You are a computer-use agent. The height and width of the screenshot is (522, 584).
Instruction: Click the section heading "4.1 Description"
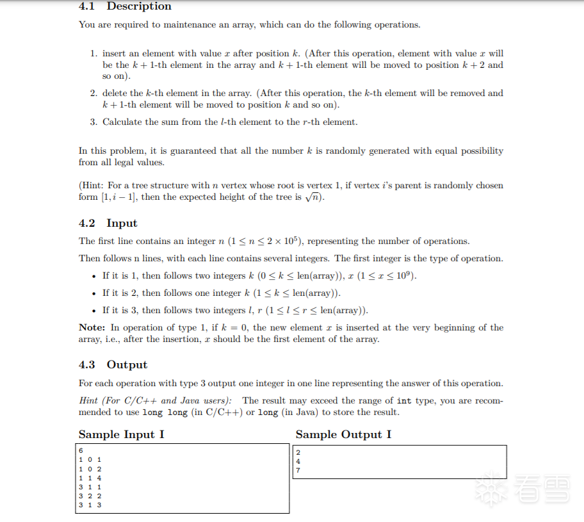(125, 6)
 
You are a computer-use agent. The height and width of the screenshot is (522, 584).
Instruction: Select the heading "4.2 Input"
(108, 223)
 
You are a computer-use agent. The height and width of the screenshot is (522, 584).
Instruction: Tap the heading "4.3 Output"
(113, 364)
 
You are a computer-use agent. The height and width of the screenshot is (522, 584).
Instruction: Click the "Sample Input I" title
(121, 434)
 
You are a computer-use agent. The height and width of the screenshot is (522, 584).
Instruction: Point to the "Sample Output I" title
(343, 434)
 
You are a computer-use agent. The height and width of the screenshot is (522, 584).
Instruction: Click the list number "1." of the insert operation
(94, 54)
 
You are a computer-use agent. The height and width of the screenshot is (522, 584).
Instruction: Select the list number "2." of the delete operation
(94, 94)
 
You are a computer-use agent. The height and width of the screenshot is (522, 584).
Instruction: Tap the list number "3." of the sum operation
(94, 122)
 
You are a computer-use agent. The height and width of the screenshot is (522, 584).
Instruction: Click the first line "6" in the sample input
(81, 451)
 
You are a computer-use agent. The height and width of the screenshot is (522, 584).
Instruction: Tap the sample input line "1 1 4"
(90, 478)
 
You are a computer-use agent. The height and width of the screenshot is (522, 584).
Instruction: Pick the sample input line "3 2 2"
(90, 496)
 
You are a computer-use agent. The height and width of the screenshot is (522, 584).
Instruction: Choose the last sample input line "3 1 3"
(90, 505)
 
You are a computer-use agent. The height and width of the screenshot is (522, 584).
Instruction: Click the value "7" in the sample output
(298, 471)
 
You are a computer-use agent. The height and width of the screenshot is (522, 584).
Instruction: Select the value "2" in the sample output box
(298, 453)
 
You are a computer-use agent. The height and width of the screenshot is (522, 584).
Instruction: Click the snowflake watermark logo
(490, 488)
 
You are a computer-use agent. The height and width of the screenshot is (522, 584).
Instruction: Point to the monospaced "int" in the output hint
(404, 401)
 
